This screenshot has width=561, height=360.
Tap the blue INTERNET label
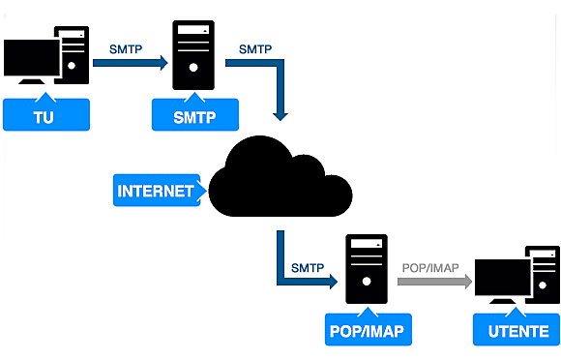pyautogui.click(x=155, y=191)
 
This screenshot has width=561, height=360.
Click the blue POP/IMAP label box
pyautogui.click(x=368, y=330)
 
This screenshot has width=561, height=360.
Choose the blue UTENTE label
pyautogui.click(x=515, y=330)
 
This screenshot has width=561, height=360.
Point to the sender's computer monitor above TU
pyautogui.click(x=30, y=60)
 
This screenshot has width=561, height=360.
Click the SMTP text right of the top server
pyautogui.click(x=254, y=48)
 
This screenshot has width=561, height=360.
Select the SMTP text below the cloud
pyautogui.click(x=307, y=265)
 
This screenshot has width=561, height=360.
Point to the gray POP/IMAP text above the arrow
pyautogui.click(x=430, y=265)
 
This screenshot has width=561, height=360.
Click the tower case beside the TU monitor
pyautogui.click(x=74, y=53)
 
